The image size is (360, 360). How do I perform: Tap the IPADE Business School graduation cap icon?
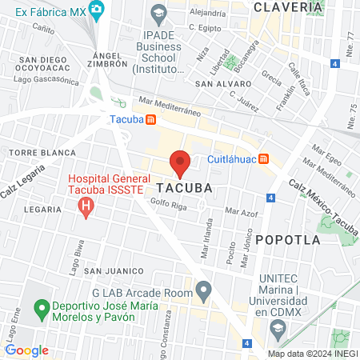pos(158,12)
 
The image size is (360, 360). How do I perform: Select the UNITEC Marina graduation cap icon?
pos(278,327)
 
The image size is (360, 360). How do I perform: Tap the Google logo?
pos(26,350)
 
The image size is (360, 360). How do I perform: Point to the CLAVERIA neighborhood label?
pos(288,6)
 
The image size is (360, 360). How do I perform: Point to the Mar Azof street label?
pos(242,212)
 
